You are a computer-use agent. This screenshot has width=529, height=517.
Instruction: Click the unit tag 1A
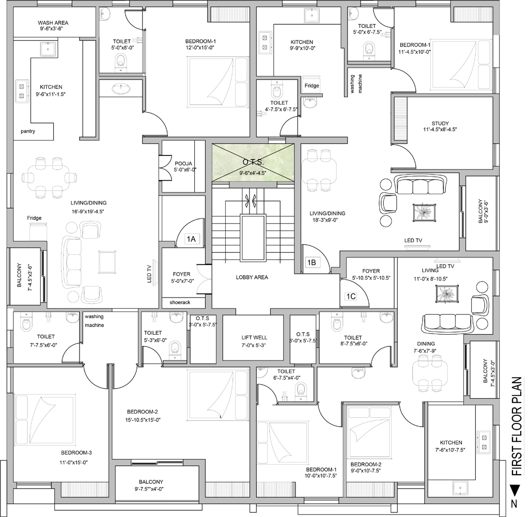click(191, 239)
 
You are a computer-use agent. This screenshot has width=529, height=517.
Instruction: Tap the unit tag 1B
click(311, 262)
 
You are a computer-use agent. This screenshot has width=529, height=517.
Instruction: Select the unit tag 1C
click(351, 296)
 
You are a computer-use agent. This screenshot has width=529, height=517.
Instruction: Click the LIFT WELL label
click(254, 337)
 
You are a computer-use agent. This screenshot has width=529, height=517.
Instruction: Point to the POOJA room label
click(183, 164)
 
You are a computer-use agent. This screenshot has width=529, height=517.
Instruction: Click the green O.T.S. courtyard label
click(253, 162)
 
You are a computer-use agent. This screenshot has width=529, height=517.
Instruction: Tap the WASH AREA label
click(53, 23)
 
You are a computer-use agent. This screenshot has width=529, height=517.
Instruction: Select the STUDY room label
click(440, 123)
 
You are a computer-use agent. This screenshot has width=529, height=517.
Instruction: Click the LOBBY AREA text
click(252, 277)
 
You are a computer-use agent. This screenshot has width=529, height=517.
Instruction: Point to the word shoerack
click(180, 303)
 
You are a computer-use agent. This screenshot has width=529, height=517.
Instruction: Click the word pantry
click(28, 131)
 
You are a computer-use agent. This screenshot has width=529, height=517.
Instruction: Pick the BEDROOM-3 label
click(76, 452)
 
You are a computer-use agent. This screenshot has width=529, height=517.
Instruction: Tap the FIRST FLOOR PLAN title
click(517, 427)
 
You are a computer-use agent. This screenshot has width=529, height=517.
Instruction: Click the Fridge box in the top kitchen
click(312, 86)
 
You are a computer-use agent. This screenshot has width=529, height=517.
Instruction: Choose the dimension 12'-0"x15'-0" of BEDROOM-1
click(200, 48)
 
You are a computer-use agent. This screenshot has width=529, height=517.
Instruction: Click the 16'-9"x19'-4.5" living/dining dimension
click(88, 211)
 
